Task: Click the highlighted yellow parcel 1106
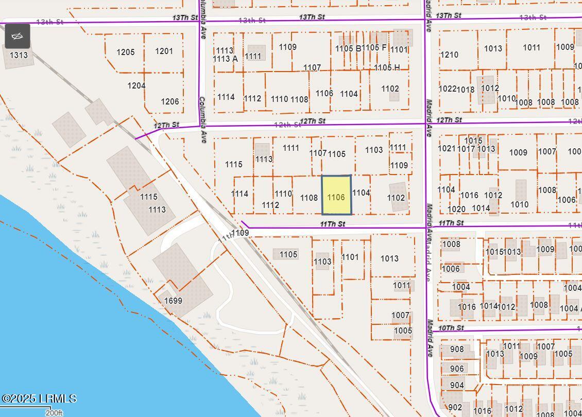click(336, 195)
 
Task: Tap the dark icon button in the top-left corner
click(18, 36)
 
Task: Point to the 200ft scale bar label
click(54, 412)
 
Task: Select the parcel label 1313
click(19, 55)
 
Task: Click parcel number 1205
click(125, 52)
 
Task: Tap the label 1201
click(164, 51)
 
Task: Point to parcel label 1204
click(136, 85)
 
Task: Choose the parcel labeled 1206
click(169, 101)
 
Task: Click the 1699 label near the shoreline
click(173, 301)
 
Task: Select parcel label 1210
click(449, 55)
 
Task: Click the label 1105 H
click(387, 67)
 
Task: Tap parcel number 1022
click(447, 89)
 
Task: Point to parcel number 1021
click(447, 148)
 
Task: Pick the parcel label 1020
click(456, 209)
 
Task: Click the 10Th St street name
click(451, 328)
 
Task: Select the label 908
click(456, 349)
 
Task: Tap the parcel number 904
click(456, 385)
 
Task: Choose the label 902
click(455, 407)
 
